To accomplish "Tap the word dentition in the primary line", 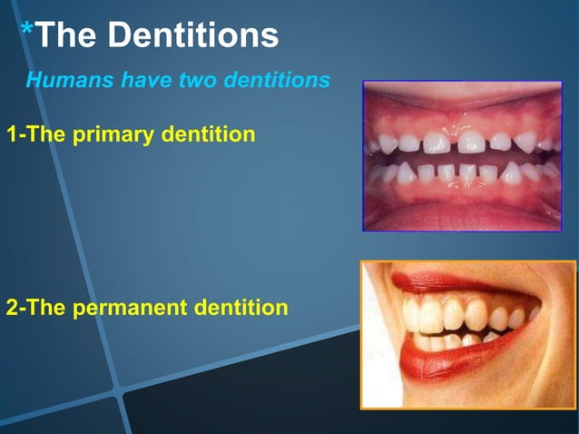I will pyautogui.click(x=208, y=136).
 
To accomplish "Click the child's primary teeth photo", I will pyautogui.click(x=462, y=155).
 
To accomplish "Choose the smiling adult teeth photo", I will pyautogui.click(x=468, y=334).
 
